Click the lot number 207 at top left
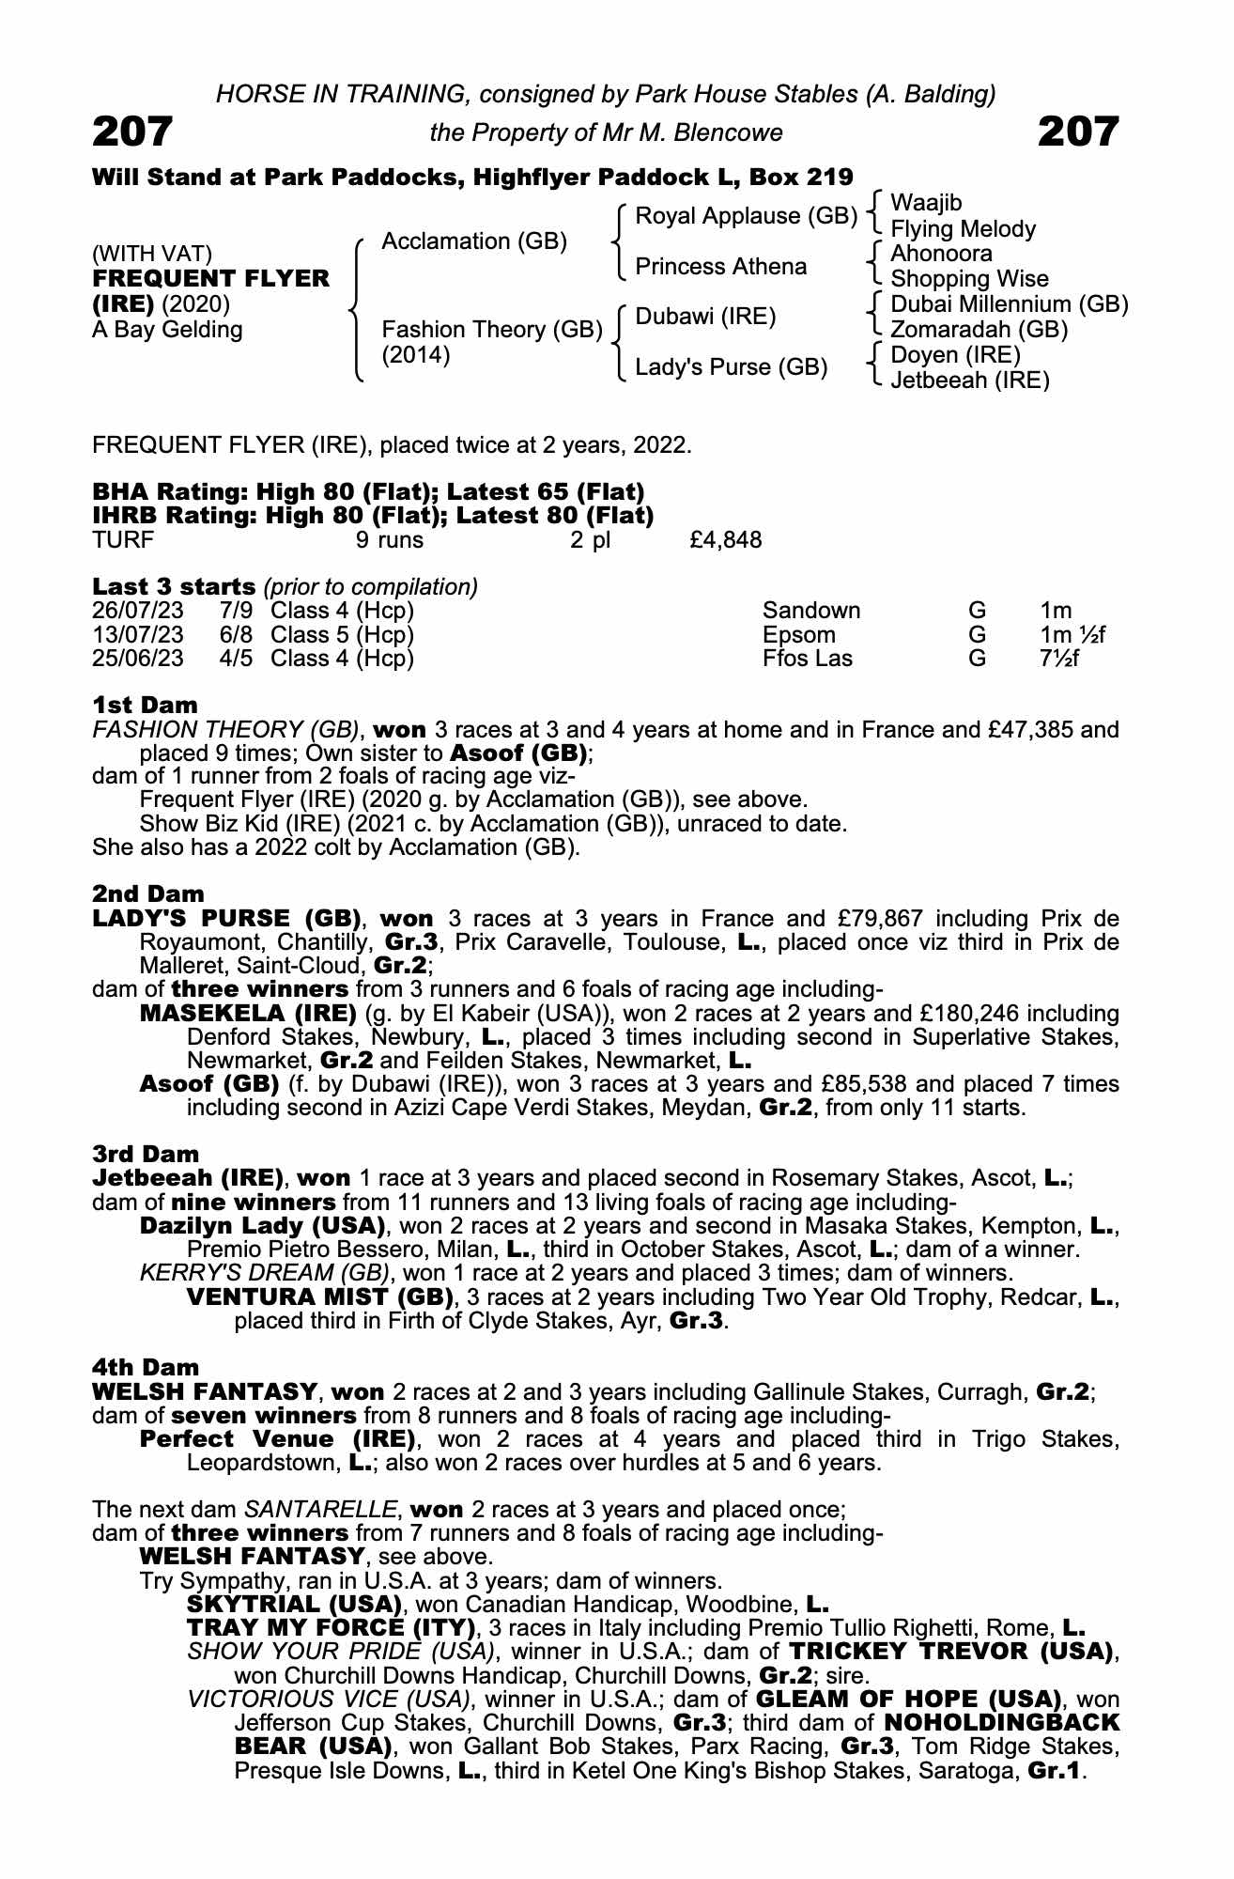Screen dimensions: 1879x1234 pyautogui.click(x=132, y=132)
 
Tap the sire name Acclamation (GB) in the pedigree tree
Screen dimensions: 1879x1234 pyautogui.click(x=474, y=241)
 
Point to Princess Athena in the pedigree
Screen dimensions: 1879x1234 pyautogui.click(x=721, y=267)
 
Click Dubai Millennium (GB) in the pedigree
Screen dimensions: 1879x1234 pyautogui.click(x=1009, y=304)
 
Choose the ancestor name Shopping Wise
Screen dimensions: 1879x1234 pyautogui.click(x=969, y=279)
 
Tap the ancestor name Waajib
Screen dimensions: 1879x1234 pyautogui.click(x=926, y=203)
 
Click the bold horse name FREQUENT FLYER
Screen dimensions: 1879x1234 pyautogui.click(x=211, y=279)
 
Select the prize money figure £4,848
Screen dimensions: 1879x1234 pyautogui.click(x=725, y=540)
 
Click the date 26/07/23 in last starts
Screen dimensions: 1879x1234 pyautogui.click(x=138, y=611)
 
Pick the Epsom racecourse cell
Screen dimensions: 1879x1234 pyautogui.click(x=798, y=635)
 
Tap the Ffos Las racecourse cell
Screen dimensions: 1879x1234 pyautogui.click(x=808, y=659)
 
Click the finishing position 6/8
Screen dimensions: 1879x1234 pyautogui.click(x=236, y=635)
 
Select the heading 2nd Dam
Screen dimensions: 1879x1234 pyautogui.click(x=147, y=893)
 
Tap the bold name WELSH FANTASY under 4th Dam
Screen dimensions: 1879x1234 pyautogui.click(x=204, y=1391)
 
